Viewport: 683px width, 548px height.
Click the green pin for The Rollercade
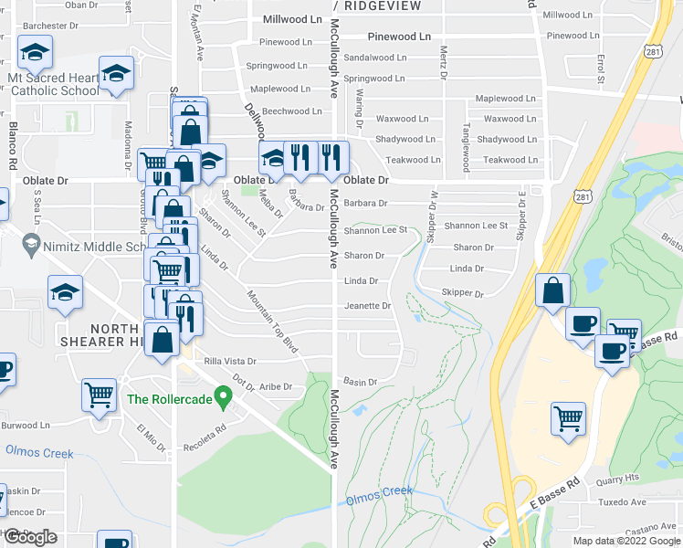tap(222, 397)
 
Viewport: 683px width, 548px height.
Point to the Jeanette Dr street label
tap(367, 306)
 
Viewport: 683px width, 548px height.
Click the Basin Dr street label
tap(360, 381)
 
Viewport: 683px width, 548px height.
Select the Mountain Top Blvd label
tap(273, 321)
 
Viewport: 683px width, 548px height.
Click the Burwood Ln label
tap(26, 426)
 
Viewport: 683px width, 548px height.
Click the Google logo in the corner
tap(30, 537)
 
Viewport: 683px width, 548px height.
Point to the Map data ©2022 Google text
tap(626, 541)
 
